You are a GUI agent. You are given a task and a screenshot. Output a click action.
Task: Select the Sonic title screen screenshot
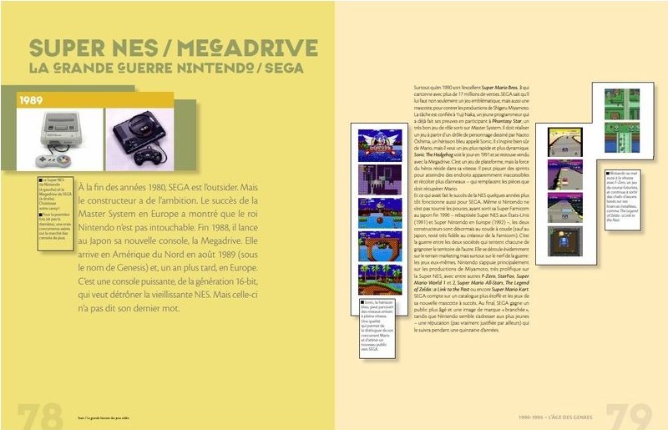tap(380, 144)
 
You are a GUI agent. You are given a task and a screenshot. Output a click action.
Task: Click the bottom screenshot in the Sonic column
tap(380, 279)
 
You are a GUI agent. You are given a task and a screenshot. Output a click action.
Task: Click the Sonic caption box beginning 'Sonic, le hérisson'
tap(375, 331)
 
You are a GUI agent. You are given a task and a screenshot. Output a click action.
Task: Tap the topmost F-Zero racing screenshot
tap(570, 142)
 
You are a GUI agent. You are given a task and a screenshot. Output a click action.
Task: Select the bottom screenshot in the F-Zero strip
tap(570, 240)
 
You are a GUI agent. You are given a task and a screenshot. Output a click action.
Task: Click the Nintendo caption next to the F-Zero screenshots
tap(623, 197)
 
